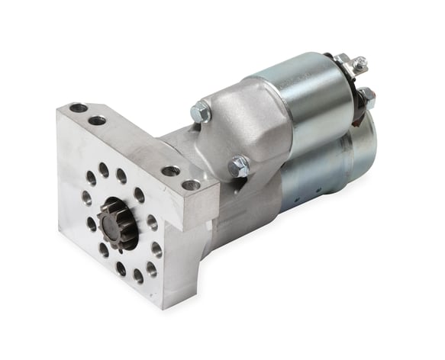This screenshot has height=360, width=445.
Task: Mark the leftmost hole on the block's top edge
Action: pos(77,108)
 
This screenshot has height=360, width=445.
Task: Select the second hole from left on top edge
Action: pos(97,120)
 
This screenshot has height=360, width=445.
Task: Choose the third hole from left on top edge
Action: pos(170,171)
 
